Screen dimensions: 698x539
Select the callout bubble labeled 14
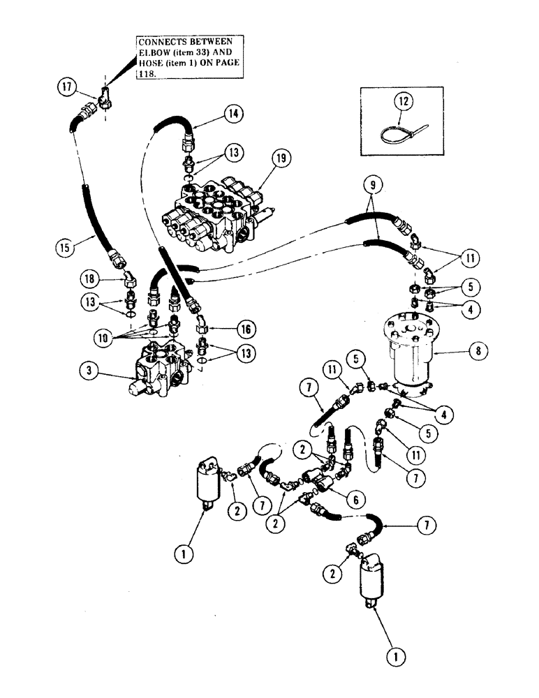pyautogui.click(x=233, y=112)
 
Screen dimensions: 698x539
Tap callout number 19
pyautogui.click(x=281, y=158)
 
